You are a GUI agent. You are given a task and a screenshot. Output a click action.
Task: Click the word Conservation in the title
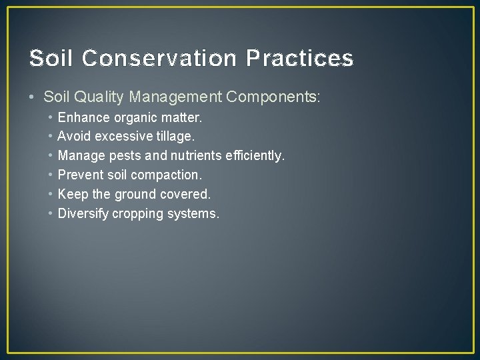[x=159, y=59]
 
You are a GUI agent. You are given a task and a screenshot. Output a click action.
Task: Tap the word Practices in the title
[x=299, y=59]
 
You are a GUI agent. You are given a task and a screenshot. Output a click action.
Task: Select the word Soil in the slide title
[x=51, y=59]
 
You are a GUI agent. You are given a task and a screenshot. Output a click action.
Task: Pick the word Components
[x=273, y=97]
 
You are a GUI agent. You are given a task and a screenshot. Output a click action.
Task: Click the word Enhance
[x=83, y=117]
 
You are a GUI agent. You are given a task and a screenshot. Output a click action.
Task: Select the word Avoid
[x=74, y=137]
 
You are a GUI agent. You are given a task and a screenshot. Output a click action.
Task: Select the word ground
[x=134, y=195]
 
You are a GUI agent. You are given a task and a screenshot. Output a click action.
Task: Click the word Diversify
[x=83, y=214]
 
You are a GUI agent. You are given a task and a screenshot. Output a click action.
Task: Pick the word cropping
[x=137, y=214]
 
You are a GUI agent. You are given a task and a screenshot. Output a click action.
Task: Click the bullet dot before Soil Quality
[x=33, y=97]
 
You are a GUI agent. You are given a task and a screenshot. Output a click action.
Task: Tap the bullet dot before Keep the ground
[x=51, y=195]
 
